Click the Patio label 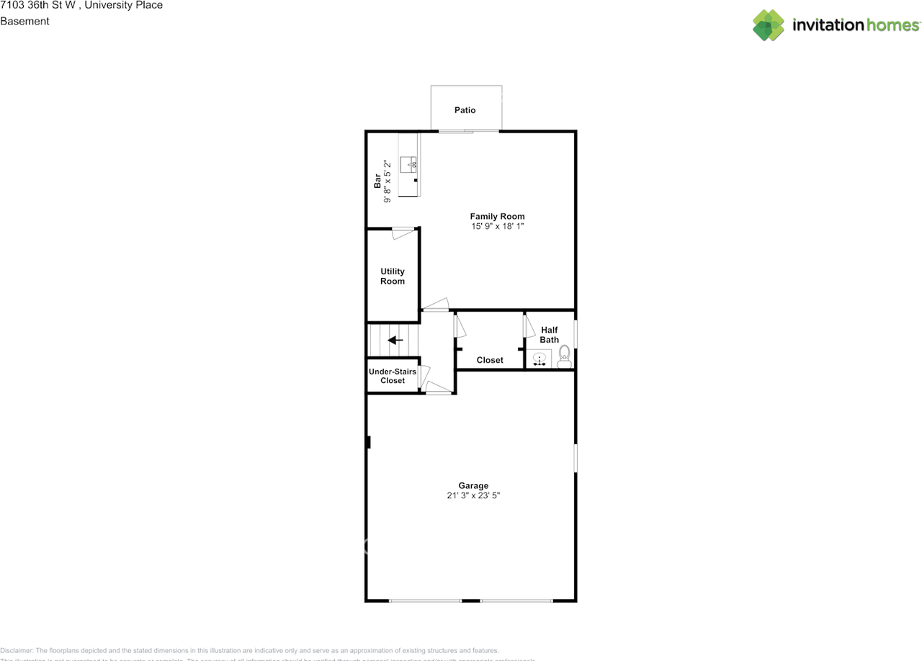point(465,110)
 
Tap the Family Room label point(497,216)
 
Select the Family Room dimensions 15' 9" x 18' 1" point(497,227)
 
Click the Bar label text point(377,181)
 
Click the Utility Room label point(393,276)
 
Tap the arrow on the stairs point(395,340)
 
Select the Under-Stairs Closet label point(393,376)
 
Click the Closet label point(490,360)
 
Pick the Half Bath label point(550,335)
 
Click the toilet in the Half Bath point(564,356)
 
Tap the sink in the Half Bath point(539,359)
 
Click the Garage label point(473,486)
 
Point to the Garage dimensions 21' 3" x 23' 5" point(473,496)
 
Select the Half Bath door point(528,326)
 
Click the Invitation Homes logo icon point(769,25)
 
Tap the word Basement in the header point(24,21)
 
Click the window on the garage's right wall point(575,458)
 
